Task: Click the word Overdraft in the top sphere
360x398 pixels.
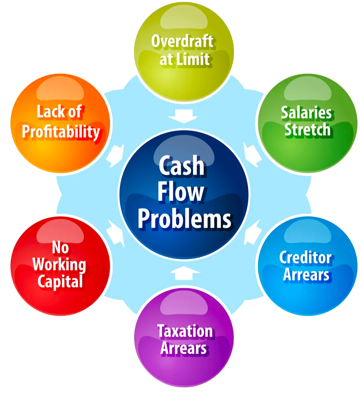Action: [x=183, y=41]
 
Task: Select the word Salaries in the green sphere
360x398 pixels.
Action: [x=306, y=113]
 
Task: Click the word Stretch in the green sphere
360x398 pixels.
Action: [x=308, y=130]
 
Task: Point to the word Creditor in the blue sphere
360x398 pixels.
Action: [x=305, y=258]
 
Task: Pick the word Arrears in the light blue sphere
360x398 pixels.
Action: [x=306, y=275]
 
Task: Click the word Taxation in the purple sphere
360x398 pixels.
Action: [x=185, y=331]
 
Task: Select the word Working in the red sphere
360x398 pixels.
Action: [x=59, y=265]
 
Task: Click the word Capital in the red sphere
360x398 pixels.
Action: [x=60, y=282]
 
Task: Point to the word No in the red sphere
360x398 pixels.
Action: [x=60, y=248]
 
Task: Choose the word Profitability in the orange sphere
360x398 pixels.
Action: [x=61, y=132]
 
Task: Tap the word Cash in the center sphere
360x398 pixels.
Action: [x=181, y=166]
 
